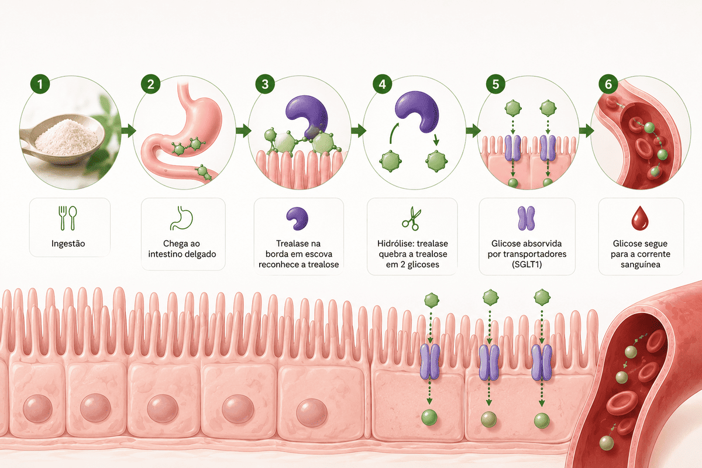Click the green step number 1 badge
[x=40, y=84]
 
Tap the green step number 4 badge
[x=382, y=84]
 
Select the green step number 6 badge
[x=608, y=84]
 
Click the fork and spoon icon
[x=68, y=218]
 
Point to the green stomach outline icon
[x=182, y=218]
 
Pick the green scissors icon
[x=412, y=218]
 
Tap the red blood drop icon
[x=640, y=218]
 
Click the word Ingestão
[x=68, y=243]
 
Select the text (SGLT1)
[x=527, y=264]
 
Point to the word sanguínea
[x=640, y=264]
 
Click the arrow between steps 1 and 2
[x=128, y=130]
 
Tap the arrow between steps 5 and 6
[x=586, y=130]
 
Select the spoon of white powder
[x=63, y=139]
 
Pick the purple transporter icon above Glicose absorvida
[x=526, y=218]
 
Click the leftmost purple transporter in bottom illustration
[x=429, y=362]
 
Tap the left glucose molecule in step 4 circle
[x=391, y=161]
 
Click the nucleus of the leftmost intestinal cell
[x=37, y=408]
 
